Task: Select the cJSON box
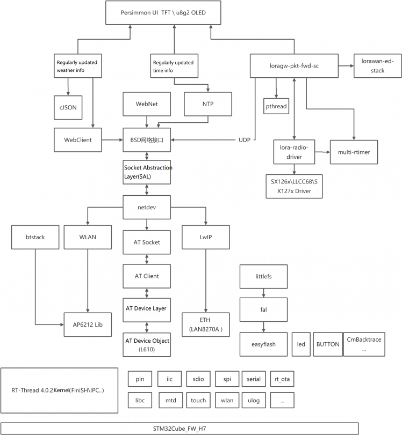68,107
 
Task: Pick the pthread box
276,106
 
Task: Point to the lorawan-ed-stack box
377,66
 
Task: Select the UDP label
245,140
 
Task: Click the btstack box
35,237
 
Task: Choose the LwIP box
206,237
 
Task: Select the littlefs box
263,276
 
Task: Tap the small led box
300,344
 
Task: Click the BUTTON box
327,344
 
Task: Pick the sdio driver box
198,379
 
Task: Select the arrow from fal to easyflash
263,327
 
